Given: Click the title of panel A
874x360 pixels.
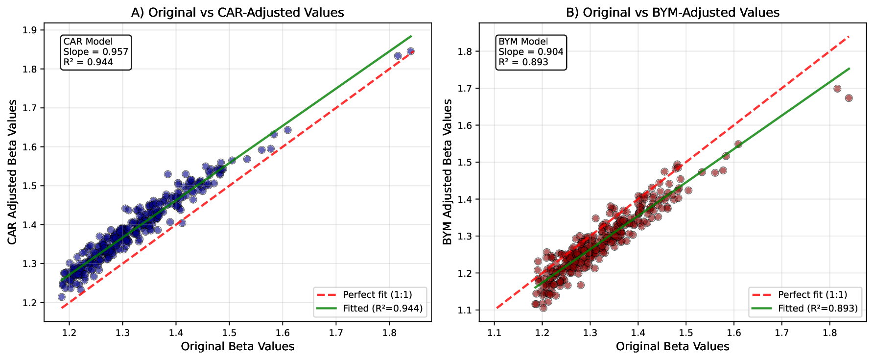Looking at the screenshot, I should point(237,12).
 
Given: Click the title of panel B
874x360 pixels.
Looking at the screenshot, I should point(672,12).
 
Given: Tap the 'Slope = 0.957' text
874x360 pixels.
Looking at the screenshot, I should point(95,52).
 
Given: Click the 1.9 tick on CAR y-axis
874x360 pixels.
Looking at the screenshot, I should point(29,30).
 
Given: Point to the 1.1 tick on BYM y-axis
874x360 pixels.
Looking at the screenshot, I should point(465,310).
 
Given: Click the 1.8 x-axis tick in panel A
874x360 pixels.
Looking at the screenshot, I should point(389,332).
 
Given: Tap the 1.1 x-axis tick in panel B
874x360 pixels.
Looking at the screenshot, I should point(495,332).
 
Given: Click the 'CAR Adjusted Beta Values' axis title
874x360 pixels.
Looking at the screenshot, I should point(13,172).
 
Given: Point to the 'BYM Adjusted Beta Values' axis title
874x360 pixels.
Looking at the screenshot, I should point(448,172).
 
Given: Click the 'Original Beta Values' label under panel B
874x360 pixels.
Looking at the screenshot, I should point(672,347).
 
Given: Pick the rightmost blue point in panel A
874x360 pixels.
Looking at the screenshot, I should point(410,51).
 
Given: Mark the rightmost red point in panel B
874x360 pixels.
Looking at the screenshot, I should point(849,98).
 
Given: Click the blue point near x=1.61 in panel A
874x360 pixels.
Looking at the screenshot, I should point(287,130).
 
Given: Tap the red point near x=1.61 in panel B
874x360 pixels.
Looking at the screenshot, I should point(738,144).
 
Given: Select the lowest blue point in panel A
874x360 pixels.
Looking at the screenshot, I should point(62,297).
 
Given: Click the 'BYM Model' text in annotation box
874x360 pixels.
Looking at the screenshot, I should point(523,42).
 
